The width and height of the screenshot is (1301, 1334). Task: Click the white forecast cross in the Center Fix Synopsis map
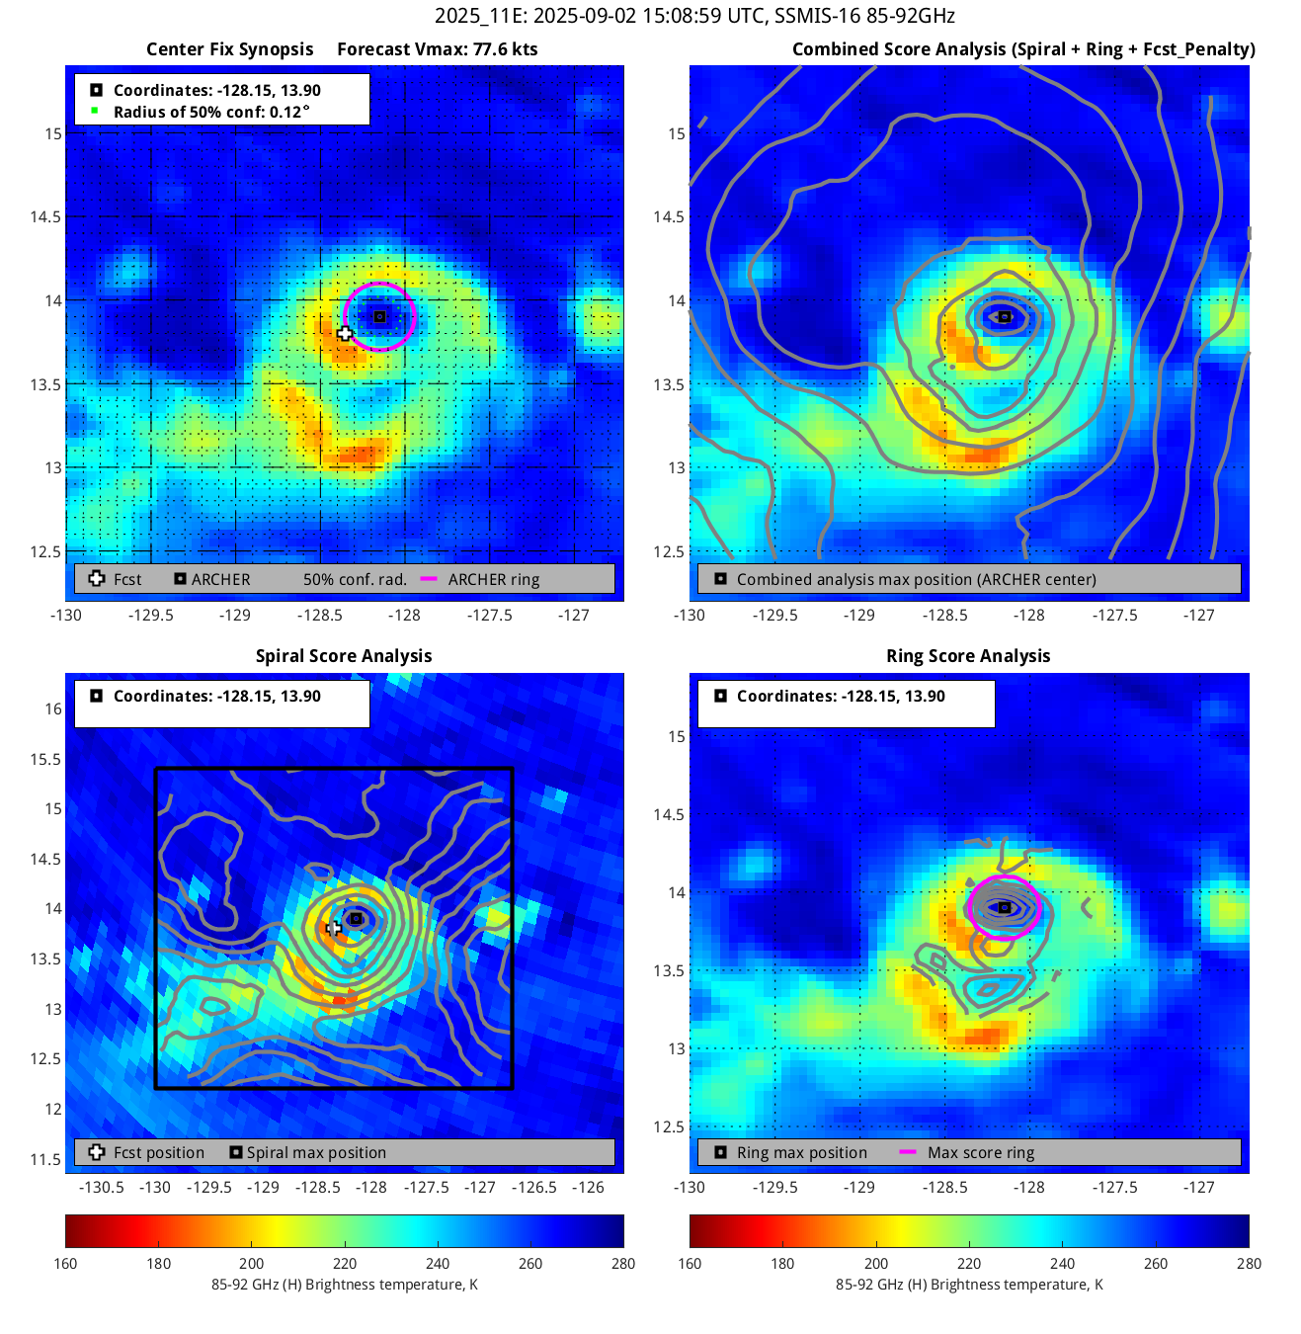(345, 334)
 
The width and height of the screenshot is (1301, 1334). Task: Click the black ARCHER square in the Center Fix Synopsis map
(379, 317)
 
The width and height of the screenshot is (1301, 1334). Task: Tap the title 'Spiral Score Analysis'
(344, 656)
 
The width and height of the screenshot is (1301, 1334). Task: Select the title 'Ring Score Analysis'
(968, 656)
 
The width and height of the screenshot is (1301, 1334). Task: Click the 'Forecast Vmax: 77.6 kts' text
(437, 49)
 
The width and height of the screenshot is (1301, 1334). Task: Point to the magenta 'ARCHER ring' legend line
(429, 579)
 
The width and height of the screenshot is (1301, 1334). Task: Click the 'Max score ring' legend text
(981, 1152)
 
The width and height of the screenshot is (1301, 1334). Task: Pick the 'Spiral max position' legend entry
(316, 1152)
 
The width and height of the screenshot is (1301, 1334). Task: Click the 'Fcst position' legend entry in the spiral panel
(158, 1152)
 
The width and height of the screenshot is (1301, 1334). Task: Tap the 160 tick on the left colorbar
(65, 1263)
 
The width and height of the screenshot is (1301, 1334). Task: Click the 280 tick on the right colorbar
(1249, 1263)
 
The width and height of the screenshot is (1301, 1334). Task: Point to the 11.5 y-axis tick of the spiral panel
(45, 1159)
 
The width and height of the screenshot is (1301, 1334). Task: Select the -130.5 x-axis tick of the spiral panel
(101, 1187)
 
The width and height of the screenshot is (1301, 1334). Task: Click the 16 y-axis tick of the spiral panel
(52, 709)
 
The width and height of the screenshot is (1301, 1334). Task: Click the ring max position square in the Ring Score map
(1005, 907)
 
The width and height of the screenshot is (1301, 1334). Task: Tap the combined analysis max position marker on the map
(1004, 317)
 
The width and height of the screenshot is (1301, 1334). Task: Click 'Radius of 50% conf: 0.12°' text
(211, 112)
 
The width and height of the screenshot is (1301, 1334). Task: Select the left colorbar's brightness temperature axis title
(344, 1285)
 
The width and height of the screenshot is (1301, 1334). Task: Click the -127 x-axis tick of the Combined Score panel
(1198, 615)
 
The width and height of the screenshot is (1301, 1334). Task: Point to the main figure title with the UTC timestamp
(694, 16)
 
